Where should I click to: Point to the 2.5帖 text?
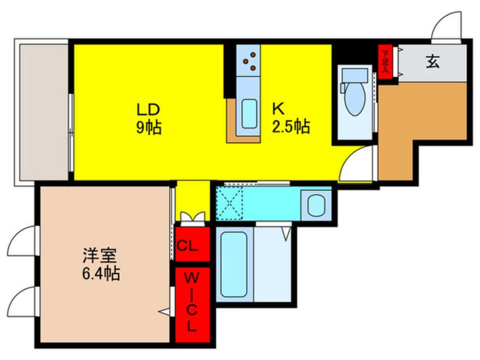point(290,127)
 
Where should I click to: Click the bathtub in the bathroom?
point(233,265)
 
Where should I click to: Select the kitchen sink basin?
point(249,114)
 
